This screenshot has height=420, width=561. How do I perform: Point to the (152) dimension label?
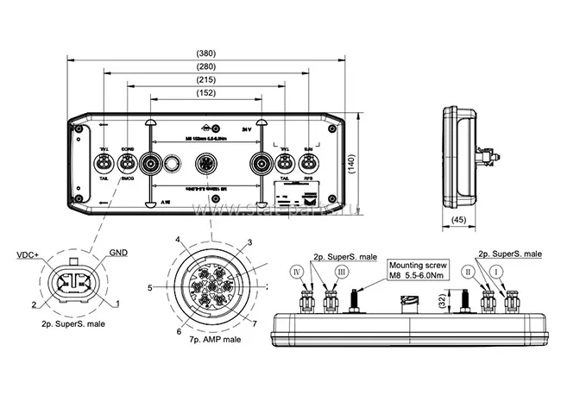[207, 93]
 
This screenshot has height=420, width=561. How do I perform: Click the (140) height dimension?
[351, 165]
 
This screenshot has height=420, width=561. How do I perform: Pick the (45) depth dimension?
[459, 219]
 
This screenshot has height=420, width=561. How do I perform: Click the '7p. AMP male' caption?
[210, 341]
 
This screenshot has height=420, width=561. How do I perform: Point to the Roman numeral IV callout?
[297, 272]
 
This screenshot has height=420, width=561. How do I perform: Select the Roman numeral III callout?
[342, 272]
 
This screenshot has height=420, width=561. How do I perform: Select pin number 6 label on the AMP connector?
[179, 330]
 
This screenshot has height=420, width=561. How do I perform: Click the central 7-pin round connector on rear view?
[206, 164]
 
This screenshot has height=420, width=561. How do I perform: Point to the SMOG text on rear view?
[127, 178]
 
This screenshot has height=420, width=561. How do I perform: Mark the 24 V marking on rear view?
[248, 129]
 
